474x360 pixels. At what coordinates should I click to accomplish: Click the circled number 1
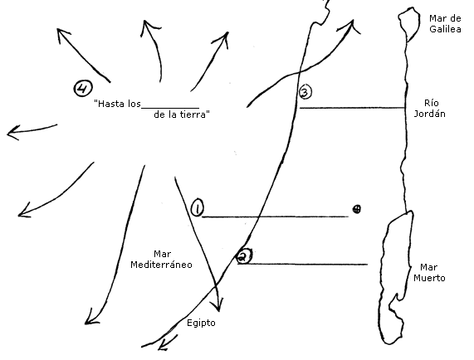coord(197,207)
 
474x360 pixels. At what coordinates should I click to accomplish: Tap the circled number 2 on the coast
coord(244,256)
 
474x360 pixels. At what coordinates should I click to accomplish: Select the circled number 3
coord(305,91)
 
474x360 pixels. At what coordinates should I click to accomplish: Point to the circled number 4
coord(83,88)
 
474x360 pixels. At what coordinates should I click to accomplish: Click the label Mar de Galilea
coord(445,23)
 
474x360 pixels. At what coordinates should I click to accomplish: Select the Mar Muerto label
coord(429,272)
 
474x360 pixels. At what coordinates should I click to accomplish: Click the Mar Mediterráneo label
coord(161,259)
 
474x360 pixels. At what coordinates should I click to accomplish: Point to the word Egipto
coord(201,323)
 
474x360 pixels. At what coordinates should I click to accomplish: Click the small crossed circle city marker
coord(357,209)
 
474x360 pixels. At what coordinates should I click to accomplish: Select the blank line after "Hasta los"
coord(170,108)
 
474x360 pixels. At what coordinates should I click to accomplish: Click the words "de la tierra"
coord(182,114)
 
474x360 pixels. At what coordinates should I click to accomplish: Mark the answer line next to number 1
coord(276,216)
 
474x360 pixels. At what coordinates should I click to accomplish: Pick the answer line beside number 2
coord(303,264)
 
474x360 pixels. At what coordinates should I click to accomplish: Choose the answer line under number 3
coord(353,108)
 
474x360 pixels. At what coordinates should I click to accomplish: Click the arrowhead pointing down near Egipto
coord(218,304)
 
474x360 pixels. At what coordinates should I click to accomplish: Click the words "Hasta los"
coord(117,104)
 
